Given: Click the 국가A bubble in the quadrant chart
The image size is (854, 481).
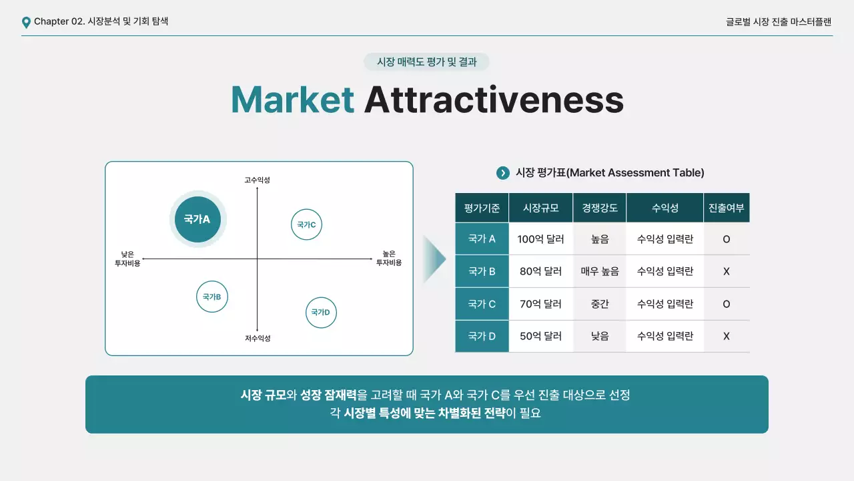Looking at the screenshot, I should point(197,219).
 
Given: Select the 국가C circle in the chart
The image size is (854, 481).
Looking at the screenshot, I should point(307,224).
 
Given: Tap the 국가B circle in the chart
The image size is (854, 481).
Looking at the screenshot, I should point(212,297).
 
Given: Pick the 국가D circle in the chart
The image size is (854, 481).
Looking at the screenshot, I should point(321,312).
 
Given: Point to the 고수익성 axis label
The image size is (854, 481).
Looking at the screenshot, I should point(257,180).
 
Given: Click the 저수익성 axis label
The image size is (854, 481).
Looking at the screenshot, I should point(257,339).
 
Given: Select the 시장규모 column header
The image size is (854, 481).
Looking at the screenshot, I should point(540,208).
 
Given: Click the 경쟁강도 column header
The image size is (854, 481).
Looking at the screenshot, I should point(599,208).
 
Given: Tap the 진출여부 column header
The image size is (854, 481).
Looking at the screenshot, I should point(727,208).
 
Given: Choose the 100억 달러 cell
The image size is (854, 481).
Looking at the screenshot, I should point(540,238).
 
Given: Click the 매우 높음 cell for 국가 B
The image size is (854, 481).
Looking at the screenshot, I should point(599,271).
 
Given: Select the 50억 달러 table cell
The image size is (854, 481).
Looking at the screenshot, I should point(540,336).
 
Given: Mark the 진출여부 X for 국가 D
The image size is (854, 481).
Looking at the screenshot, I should point(727,336).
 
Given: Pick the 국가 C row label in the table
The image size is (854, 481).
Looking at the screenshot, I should point(482,304).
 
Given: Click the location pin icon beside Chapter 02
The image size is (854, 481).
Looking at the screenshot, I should point(26,23).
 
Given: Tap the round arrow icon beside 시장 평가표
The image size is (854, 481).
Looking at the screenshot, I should point(503,173).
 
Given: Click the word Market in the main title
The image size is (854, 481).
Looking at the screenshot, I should point(292,100).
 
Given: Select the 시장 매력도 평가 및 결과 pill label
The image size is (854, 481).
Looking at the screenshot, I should point(426,62).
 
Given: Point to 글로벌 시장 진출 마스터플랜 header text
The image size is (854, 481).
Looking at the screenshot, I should point(779,21).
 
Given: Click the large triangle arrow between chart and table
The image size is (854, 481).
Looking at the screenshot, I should point(434,259).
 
